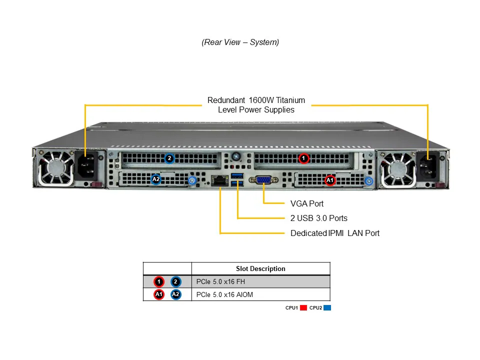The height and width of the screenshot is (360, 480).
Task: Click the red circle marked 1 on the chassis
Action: pos(303,158)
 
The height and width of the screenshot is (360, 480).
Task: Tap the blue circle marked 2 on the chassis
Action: pos(169,158)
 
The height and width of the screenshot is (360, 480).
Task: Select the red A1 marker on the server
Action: pos(330,180)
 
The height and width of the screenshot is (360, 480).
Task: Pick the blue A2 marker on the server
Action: pos(156,179)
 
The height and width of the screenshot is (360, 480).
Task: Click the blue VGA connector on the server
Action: pos(263,180)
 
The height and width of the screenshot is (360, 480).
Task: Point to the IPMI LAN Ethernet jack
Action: pos(218,180)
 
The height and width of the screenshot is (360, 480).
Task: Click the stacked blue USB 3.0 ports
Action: pos(237,180)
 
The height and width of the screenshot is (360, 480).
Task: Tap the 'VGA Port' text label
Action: pos(306,203)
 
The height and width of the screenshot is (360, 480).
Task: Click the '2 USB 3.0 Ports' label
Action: pos(318,218)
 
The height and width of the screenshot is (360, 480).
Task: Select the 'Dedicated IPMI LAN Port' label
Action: pos(334,233)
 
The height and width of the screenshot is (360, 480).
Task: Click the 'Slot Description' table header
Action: pos(260,268)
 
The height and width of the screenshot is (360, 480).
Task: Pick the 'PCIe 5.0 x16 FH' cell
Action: pos(220,281)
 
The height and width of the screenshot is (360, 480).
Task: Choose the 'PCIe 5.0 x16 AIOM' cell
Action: pos(224,294)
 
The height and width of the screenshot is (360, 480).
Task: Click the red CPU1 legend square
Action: pos(303,308)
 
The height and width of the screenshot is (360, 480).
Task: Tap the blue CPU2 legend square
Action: pos(327,308)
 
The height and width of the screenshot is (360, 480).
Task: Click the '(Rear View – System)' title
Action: pos(240,42)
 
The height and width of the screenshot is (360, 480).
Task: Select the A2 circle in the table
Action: pos(175,294)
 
